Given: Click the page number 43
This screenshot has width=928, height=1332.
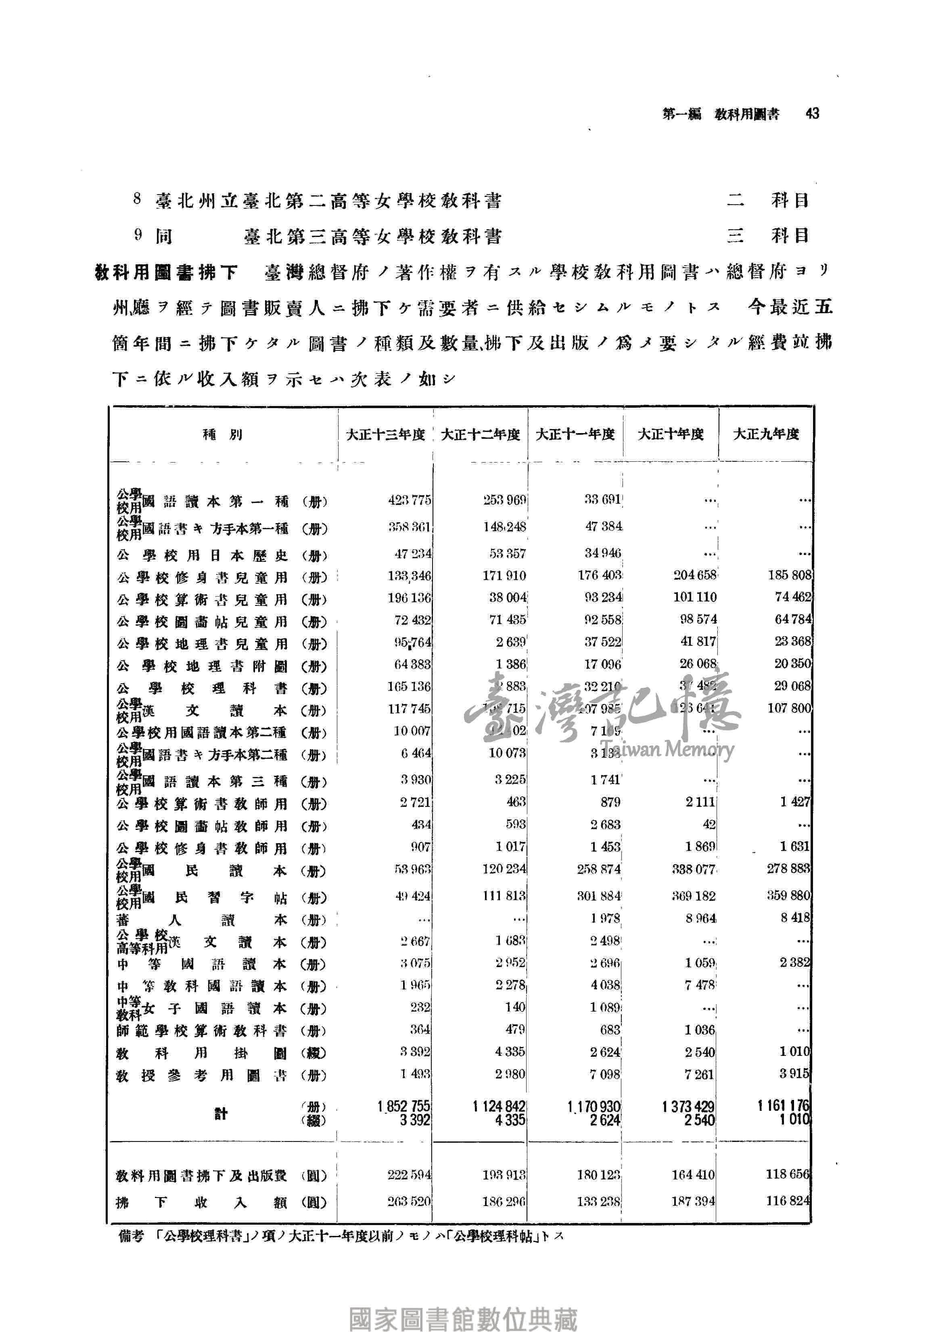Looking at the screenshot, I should pos(812,114).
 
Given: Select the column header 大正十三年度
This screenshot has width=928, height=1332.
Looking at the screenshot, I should pos(385,435).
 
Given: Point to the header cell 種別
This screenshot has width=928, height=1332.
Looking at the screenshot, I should pos(223,435).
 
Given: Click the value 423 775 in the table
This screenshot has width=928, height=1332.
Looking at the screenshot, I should pos(410,500).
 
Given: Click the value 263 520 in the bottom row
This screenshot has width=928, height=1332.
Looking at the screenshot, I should pos(409,1202).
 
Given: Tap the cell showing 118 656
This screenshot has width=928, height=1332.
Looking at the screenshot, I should pos(787,1175).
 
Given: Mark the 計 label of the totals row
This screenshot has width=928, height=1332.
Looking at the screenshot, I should pos(221,1113).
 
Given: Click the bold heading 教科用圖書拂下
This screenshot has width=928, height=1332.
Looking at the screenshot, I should pos(167,272).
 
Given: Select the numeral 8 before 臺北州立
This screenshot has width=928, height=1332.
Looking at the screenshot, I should pos(137,199).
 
